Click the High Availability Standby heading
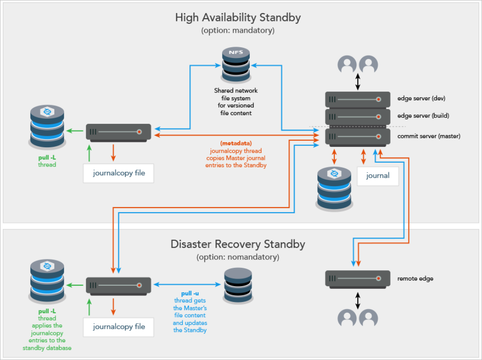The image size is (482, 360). coord(237,18)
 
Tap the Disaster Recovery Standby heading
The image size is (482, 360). coord(237,244)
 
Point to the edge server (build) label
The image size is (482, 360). coord(423,115)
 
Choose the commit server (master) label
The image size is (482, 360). coord(429,136)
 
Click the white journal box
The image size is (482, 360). coord(378,175)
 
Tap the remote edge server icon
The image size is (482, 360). coord(358,279)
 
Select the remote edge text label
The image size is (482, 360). coord(415,279)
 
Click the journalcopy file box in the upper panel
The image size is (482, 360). coord(118,173)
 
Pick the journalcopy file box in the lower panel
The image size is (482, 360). coord(118,327)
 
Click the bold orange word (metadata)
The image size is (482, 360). coord(236,143)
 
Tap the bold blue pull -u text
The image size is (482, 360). coord(190,293)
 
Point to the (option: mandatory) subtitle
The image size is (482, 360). coord(237,31)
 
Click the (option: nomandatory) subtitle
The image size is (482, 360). coord(237,257)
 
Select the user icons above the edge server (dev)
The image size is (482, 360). coord(358,64)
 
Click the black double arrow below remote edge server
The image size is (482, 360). coord(358,300)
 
